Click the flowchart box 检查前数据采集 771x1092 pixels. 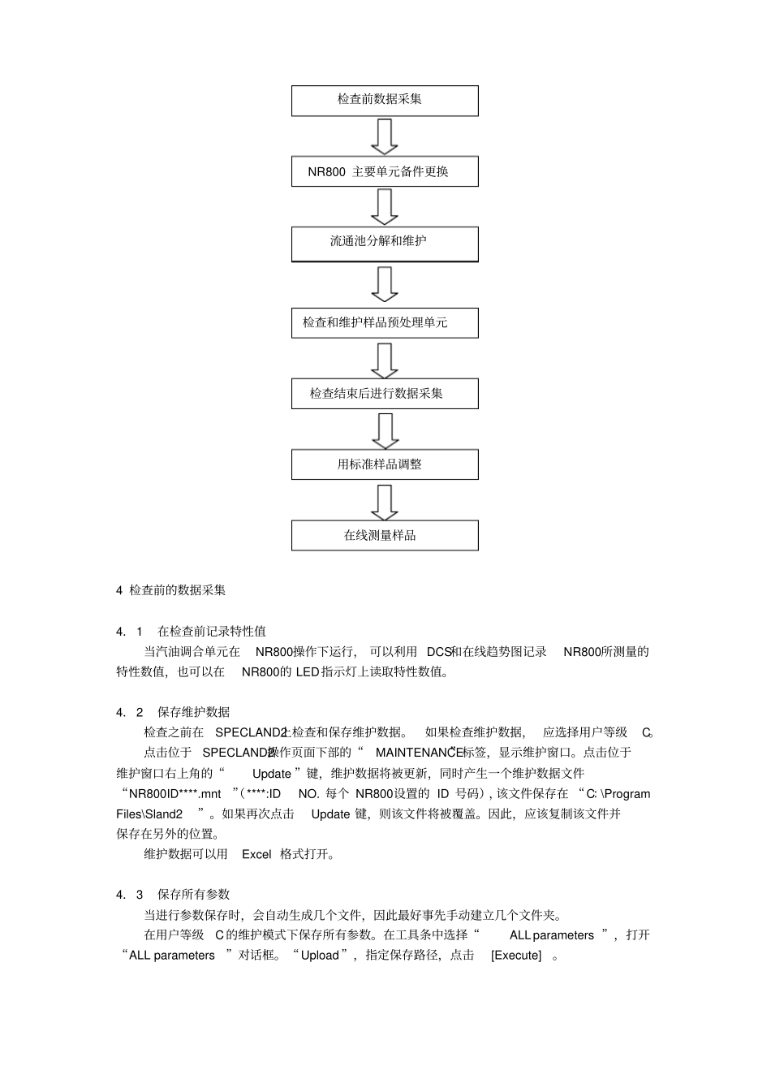tap(385, 100)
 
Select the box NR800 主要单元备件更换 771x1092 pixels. tap(385, 171)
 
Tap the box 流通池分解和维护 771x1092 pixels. tap(385, 242)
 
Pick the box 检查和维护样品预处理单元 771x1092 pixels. tap(385, 322)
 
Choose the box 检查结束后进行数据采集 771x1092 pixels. tap(385, 394)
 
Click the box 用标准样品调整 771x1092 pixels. tap(385, 464)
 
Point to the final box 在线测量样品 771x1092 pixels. tap(385, 536)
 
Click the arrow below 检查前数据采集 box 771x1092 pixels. tap(385, 136)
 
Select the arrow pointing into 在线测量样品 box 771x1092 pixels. tap(385, 502)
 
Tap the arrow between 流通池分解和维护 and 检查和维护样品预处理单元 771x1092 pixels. tap(385, 284)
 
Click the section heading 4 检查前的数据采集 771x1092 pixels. tap(171, 590)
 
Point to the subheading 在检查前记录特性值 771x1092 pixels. tap(211, 631)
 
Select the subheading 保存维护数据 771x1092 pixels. tap(193, 712)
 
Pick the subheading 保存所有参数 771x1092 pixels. tap(193, 894)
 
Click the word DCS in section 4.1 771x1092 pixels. tap(438, 651)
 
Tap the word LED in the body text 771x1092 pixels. tap(308, 671)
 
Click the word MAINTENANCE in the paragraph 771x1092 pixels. tap(419, 753)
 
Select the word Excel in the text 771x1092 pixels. tap(256, 854)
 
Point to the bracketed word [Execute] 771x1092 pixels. tap(516, 955)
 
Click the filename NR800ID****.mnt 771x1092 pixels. tap(174, 793)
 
